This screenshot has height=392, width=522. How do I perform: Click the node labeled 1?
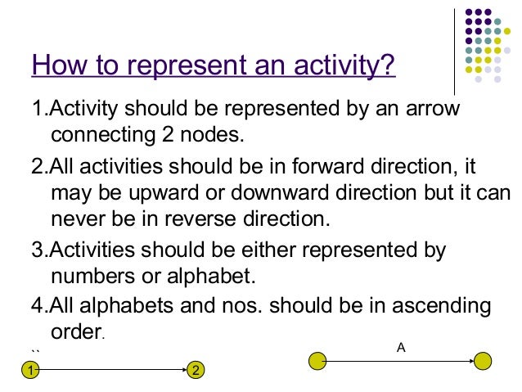(30, 371)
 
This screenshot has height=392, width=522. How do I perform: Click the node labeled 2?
(196, 371)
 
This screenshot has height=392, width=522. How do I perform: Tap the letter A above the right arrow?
(401, 347)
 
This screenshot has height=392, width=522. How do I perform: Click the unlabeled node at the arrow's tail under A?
(318, 360)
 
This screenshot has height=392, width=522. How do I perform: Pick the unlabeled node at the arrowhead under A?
(484, 360)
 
